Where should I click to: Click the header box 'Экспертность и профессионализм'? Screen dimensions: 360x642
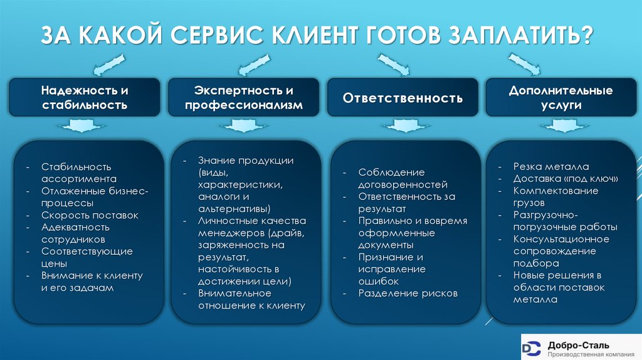[x=243, y=97]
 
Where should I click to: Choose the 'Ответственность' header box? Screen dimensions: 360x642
[x=403, y=98]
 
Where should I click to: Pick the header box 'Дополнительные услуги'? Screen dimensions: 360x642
[x=560, y=97]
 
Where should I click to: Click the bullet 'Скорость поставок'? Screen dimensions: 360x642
[x=90, y=215]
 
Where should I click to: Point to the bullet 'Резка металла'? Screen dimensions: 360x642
[x=551, y=167]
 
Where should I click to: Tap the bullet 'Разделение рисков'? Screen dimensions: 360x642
[x=408, y=293]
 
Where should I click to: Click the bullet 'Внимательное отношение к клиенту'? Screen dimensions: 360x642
[x=251, y=299]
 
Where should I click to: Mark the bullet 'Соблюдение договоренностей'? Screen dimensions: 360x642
[x=403, y=178]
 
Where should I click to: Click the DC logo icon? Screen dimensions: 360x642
[x=532, y=347]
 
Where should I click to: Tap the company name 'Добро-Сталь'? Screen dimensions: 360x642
[x=577, y=344]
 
